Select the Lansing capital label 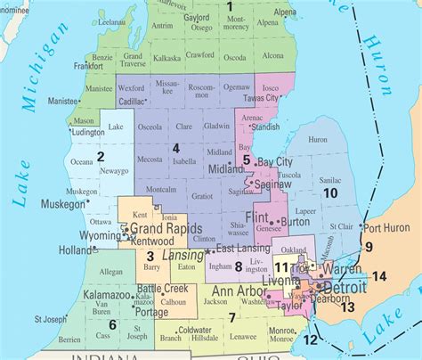[182, 254]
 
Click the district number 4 [176, 147]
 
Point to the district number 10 [330, 192]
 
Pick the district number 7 [231, 317]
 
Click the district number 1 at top [228, 7]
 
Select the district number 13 [348, 307]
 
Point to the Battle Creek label [164, 289]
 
